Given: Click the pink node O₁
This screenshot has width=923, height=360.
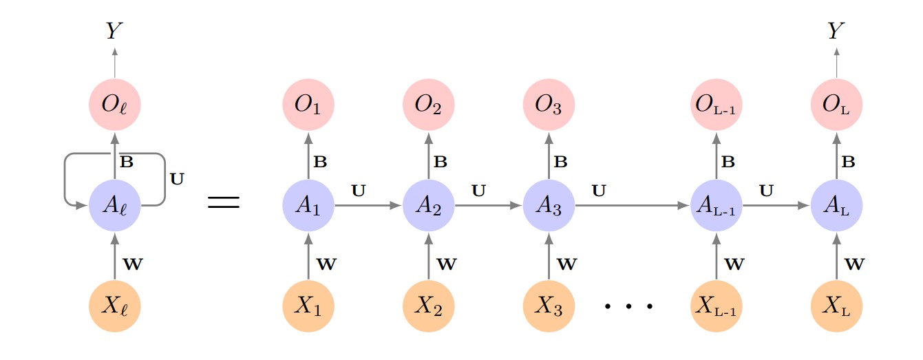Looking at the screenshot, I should [308, 105].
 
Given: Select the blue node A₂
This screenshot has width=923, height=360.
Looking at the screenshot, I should [428, 205].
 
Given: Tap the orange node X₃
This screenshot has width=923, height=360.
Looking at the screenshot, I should [549, 305].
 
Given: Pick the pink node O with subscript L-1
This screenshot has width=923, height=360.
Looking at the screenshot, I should [717, 105].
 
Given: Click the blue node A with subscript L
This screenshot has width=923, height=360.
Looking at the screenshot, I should [836, 205].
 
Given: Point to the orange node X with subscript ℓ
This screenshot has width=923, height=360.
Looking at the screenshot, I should [115, 305].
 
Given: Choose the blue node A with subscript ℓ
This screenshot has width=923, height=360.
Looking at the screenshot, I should [115, 205].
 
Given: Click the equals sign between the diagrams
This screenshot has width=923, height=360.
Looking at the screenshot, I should [224, 202].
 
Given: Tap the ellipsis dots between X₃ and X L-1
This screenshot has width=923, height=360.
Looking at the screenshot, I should [628, 305].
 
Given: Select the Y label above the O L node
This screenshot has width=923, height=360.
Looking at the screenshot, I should [836, 31].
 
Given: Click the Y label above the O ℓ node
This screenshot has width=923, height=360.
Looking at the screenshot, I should [115, 31].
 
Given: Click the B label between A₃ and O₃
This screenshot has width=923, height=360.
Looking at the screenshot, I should [561, 163].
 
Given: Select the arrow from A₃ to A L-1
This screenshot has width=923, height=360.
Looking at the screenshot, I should [633, 205].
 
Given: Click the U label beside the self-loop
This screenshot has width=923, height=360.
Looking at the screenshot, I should [177, 179].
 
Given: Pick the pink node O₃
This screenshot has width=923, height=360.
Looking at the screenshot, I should [549, 105].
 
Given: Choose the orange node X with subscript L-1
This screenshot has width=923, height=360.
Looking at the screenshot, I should [717, 305].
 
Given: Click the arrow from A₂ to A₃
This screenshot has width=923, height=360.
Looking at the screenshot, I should [488, 205].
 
